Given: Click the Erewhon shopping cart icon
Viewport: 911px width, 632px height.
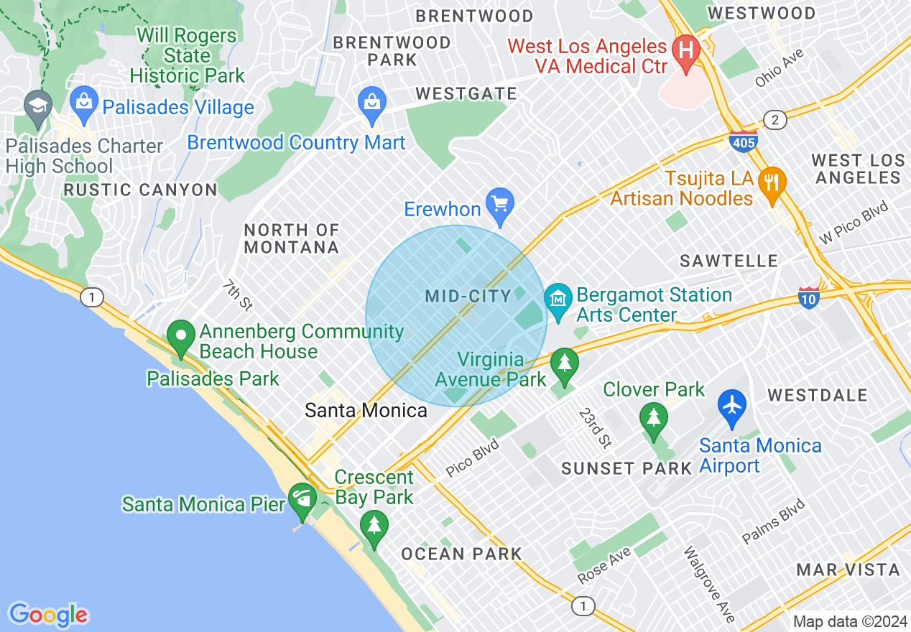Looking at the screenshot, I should click(x=499, y=204).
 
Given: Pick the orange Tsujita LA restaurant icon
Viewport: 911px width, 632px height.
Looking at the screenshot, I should click(x=772, y=183).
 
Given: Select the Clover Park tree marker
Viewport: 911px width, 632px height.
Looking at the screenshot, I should click(x=653, y=419).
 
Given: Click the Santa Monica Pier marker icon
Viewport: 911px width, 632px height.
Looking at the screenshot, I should click(x=302, y=498).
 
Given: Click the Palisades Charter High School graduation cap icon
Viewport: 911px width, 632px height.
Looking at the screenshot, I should click(x=37, y=106).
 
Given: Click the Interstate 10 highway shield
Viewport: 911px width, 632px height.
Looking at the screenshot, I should click(x=809, y=298).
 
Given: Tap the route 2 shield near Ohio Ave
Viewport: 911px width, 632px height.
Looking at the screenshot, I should click(x=774, y=120).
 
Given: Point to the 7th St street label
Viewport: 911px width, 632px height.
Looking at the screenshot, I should click(x=236, y=295).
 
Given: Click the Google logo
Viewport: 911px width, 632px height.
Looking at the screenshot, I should click(x=49, y=615).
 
